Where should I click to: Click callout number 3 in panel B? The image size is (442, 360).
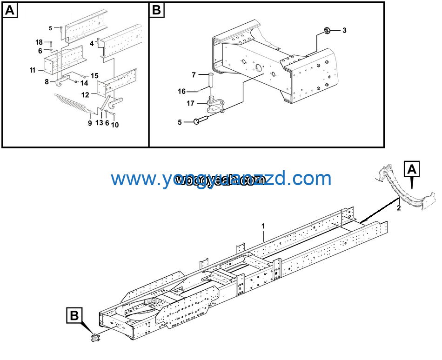pos(344,31)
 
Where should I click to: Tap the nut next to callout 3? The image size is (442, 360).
pos(327,31)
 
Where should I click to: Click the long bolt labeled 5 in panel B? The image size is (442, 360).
pos(205,121)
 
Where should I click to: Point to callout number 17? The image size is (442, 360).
pos(190,103)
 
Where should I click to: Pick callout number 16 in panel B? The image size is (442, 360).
pos(182,91)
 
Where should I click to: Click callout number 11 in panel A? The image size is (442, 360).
pos(32,70)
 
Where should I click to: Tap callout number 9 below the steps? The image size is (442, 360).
pos(89,123)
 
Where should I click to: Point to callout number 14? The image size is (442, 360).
pos(84,83)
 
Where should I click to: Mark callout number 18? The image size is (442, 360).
pos(39,42)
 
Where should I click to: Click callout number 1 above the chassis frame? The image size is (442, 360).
pos(263,226)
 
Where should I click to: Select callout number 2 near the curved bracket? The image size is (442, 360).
pos(398,208)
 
